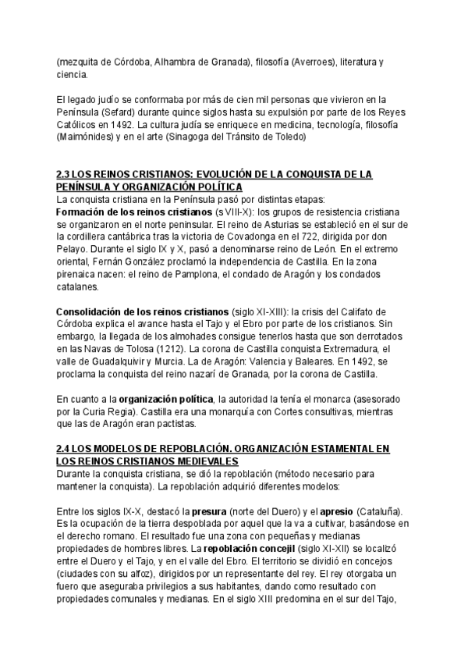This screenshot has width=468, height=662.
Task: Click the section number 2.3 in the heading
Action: [65, 175]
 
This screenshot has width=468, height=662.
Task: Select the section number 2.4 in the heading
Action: [65, 449]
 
